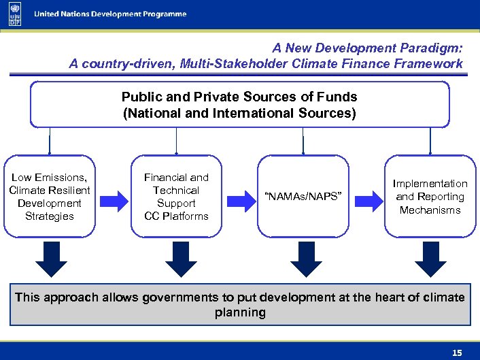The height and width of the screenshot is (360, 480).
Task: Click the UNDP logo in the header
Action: pyautogui.click(x=14, y=14)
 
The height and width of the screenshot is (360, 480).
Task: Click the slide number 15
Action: pyautogui.click(x=457, y=353)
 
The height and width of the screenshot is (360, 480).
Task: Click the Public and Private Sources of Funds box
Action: pyautogui.click(x=239, y=105)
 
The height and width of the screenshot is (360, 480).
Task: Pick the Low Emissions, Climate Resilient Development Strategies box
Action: pyautogui.click(x=50, y=197)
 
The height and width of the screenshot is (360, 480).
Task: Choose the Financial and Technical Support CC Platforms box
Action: pyautogui.click(x=176, y=197)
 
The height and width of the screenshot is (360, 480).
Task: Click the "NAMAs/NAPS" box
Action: pyautogui.click(x=303, y=197)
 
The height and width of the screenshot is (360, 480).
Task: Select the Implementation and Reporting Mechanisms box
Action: pyautogui.click(x=430, y=197)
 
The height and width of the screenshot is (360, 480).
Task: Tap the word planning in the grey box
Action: pyautogui.click(x=240, y=313)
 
